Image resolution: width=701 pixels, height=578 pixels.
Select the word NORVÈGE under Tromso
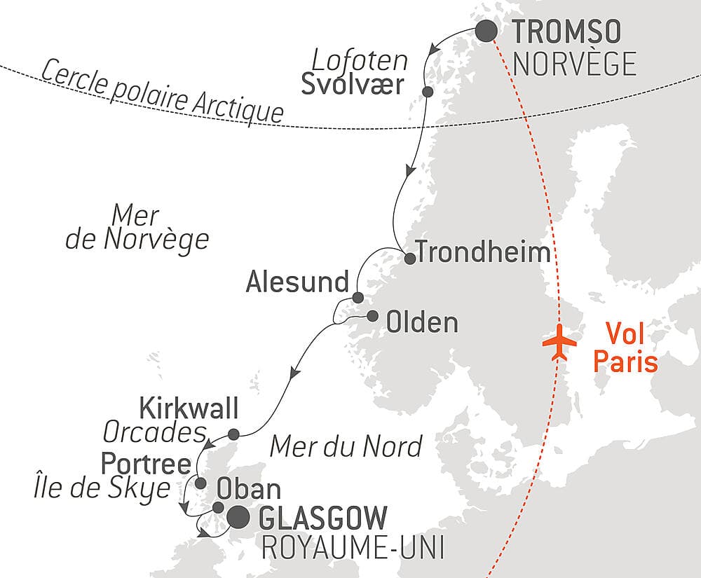click(x=575, y=64)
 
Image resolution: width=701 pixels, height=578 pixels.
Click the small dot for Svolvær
click(x=428, y=92)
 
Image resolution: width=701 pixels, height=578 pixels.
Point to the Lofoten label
click(x=360, y=60)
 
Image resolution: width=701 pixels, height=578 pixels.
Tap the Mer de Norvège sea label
click(x=137, y=228)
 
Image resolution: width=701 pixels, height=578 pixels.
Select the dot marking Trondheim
click(x=410, y=258)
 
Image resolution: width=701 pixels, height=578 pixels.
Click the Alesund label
click(x=297, y=282)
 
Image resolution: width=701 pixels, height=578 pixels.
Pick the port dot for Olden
click(x=372, y=315)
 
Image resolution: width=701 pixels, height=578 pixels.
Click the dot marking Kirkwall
click(x=233, y=433)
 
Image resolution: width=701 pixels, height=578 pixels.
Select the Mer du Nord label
click(x=346, y=445)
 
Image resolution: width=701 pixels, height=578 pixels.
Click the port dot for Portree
click(x=200, y=483)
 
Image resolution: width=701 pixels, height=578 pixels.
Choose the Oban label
click(x=249, y=488)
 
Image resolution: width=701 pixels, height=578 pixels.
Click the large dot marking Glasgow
click(x=238, y=518)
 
